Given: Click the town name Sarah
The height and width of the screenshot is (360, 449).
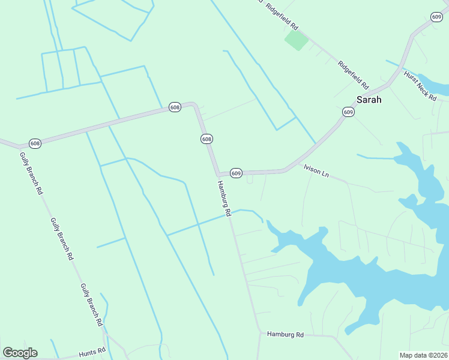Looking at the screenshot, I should (x=369, y=100).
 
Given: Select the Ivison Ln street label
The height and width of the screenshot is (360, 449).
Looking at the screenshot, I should (x=317, y=170).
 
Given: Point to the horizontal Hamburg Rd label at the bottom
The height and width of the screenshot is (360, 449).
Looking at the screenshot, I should (x=286, y=334).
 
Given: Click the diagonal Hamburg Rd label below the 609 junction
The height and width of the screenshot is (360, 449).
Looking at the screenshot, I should (x=224, y=198).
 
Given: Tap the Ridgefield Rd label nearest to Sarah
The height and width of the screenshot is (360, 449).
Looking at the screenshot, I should (x=352, y=74).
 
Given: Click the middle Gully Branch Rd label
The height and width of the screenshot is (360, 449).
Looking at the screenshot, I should (x=62, y=239).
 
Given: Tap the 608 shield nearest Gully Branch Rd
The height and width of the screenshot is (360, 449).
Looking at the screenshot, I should (x=35, y=143).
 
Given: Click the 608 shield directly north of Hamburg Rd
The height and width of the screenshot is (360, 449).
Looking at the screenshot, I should (x=206, y=139).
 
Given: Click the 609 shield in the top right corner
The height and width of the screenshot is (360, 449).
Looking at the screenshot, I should (x=436, y=17).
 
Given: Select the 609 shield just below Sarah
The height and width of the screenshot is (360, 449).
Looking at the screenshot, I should (x=349, y=112).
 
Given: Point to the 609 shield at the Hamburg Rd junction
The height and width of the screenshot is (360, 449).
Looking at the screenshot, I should (x=236, y=173).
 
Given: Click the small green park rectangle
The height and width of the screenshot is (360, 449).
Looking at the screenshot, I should (x=296, y=40).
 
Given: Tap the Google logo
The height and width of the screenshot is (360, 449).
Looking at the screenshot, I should (x=20, y=353).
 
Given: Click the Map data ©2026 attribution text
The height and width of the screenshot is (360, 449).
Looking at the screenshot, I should (x=423, y=355).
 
